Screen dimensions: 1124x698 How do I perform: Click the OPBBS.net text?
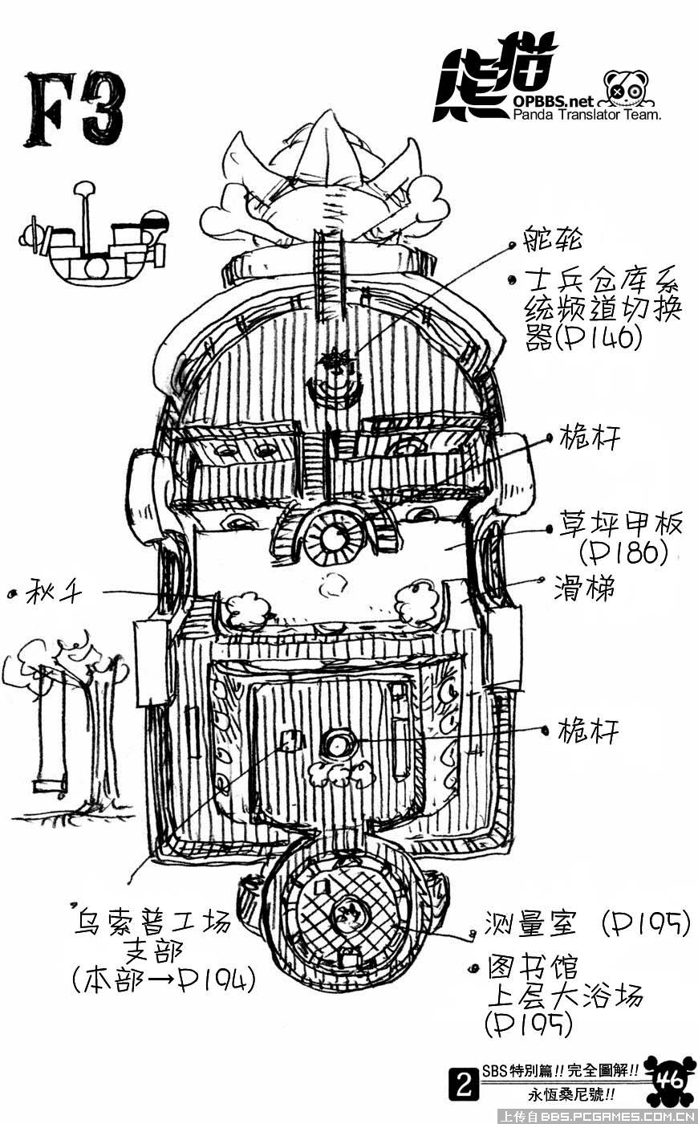[x=553, y=101]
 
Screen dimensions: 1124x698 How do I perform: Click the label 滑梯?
[x=584, y=589]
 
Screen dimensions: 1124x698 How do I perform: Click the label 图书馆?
[x=533, y=967]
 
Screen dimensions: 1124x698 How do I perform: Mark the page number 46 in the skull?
[x=669, y=1078]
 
